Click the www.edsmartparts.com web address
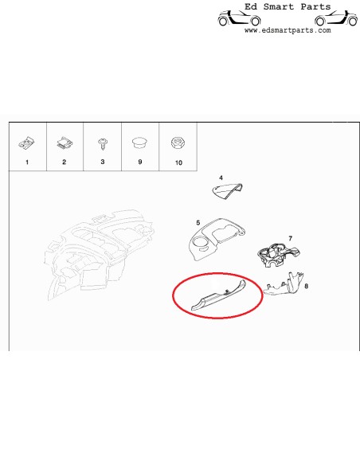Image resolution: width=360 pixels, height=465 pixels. pos(287,30)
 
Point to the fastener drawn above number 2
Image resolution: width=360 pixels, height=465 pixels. pos(64,143)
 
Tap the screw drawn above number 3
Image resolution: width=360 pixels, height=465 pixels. pos(102,143)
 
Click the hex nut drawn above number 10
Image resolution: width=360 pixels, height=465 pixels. pos(178,143)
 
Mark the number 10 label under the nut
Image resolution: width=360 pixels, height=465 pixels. pos(178,162)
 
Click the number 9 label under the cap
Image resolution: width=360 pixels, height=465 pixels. pos(140,162)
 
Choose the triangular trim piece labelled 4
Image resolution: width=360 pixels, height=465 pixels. pos(228,190)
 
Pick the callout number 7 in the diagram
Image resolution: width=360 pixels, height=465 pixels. pos(291,238)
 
